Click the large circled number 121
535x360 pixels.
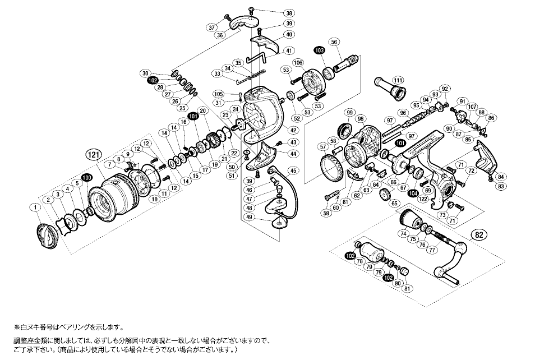click(x=93, y=153)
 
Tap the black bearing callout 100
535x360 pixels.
click(x=86, y=178)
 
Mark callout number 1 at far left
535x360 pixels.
click(x=36, y=208)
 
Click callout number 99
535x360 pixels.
click(x=351, y=113)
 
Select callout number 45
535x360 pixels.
click(x=293, y=170)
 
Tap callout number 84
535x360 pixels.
click(x=501, y=176)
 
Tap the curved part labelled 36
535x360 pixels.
click(x=244, y=27)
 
